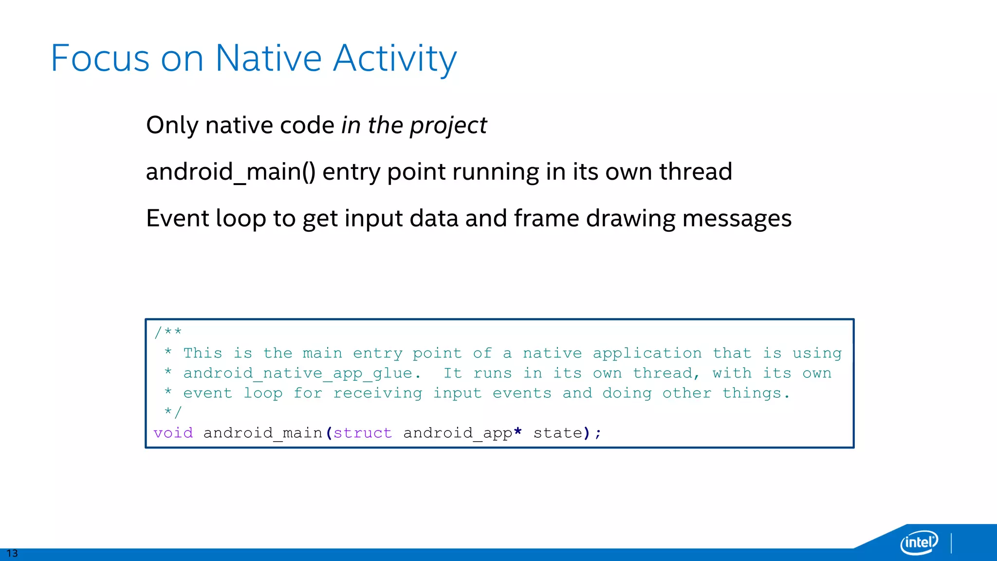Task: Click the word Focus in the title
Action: (x=100, y=58)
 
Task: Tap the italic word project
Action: (x=448, y=126)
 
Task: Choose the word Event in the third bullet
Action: (x=177, y=218)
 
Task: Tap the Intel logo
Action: (x=919, y=542)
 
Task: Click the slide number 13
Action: (x=12, y=553)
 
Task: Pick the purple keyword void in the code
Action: (x=173, y=433)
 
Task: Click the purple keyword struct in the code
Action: (x=363, y=433)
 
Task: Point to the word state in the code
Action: (x=558, y=433)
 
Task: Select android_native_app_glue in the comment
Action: (x=298, y=374)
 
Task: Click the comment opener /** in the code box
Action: (x=168, y=333)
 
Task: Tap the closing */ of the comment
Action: (x=173, y=412)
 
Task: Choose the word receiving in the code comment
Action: (x=378, y=393)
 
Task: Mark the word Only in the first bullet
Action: (x=172, y=126)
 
